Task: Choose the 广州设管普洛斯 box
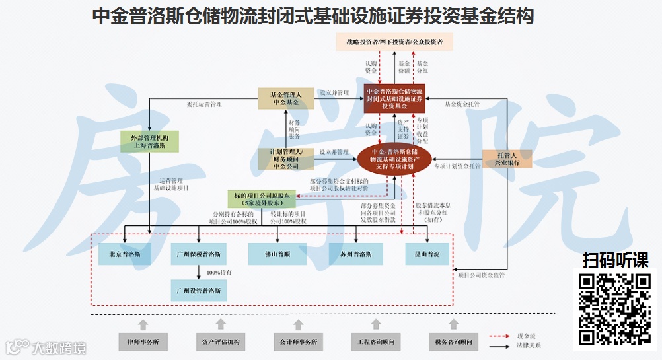point(199,289)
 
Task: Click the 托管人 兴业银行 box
point(507,158)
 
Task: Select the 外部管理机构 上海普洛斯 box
point(149,141)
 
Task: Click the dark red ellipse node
point(394,158)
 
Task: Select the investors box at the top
point(394,42)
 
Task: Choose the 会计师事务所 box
point(298,342)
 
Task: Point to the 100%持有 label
point(218,272)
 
